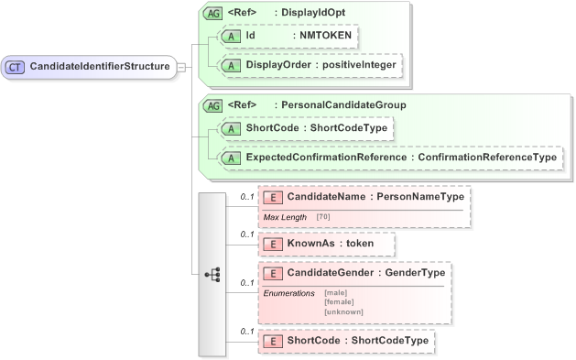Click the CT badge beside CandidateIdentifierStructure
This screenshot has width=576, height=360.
point(16,66)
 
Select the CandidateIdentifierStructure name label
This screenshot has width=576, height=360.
point(99,66)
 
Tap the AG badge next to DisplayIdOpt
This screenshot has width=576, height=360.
point(212,14)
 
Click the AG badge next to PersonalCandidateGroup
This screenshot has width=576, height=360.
point(212,104)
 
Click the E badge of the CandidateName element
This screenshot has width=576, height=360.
point(273,196)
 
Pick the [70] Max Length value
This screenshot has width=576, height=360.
point(324,216)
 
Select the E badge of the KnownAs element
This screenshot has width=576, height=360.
point(273,245)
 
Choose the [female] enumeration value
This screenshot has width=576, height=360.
point(339,301)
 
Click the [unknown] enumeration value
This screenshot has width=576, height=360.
point(343,311)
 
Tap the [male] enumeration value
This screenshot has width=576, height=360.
point(336,292)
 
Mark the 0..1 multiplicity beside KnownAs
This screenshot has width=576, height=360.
point(246,235)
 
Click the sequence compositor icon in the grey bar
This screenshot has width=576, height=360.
point(212,273)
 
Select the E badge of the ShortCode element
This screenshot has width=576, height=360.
point(273,341)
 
